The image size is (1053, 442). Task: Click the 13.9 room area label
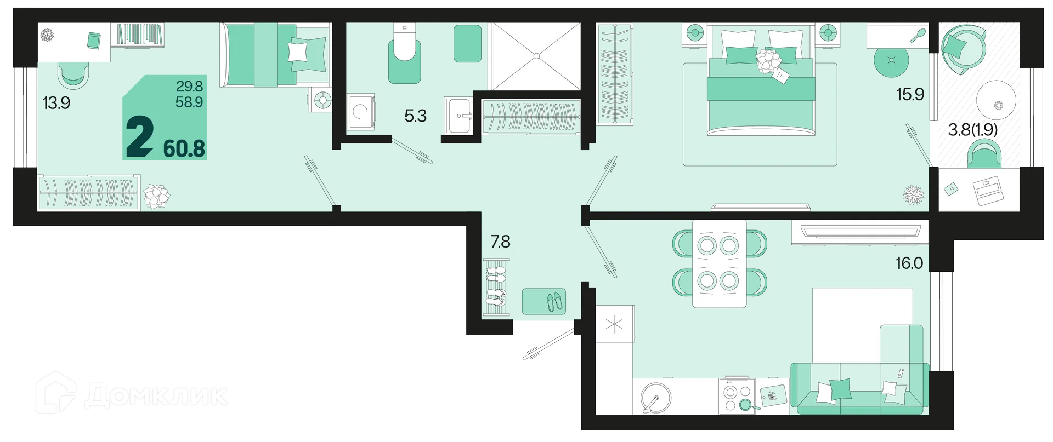56,102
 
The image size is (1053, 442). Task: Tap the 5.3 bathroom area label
415,116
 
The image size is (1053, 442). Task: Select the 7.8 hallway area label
500,241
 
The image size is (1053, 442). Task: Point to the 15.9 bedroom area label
910,94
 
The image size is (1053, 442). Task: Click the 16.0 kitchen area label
909,263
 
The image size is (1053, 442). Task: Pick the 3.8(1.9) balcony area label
972,129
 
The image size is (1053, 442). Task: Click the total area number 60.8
184,148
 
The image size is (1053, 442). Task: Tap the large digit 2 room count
139,138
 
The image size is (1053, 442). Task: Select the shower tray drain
536,55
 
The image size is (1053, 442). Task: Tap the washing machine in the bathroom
361,112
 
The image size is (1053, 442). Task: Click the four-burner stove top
738,397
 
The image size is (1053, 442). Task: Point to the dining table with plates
719,263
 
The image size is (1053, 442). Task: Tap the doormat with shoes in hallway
544,301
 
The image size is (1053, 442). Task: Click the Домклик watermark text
156,395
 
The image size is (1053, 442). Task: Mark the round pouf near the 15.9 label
891,60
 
